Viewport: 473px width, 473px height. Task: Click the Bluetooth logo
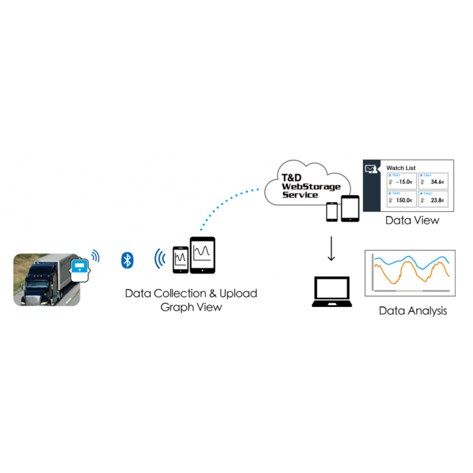tap(127, 259)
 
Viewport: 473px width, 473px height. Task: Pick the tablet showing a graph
tap(202, 255)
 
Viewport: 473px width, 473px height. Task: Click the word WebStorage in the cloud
tap(311, 187)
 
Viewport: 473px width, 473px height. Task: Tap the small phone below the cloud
tap(332, 211)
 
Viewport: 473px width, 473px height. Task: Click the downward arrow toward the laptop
tap(331, 249)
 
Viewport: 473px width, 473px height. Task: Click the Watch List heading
tap(401, 168)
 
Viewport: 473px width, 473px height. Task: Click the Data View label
tap(412, 221)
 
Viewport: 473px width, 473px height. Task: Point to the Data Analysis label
tap(413, 310)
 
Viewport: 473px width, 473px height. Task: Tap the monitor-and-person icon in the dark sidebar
tap(371, 170)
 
